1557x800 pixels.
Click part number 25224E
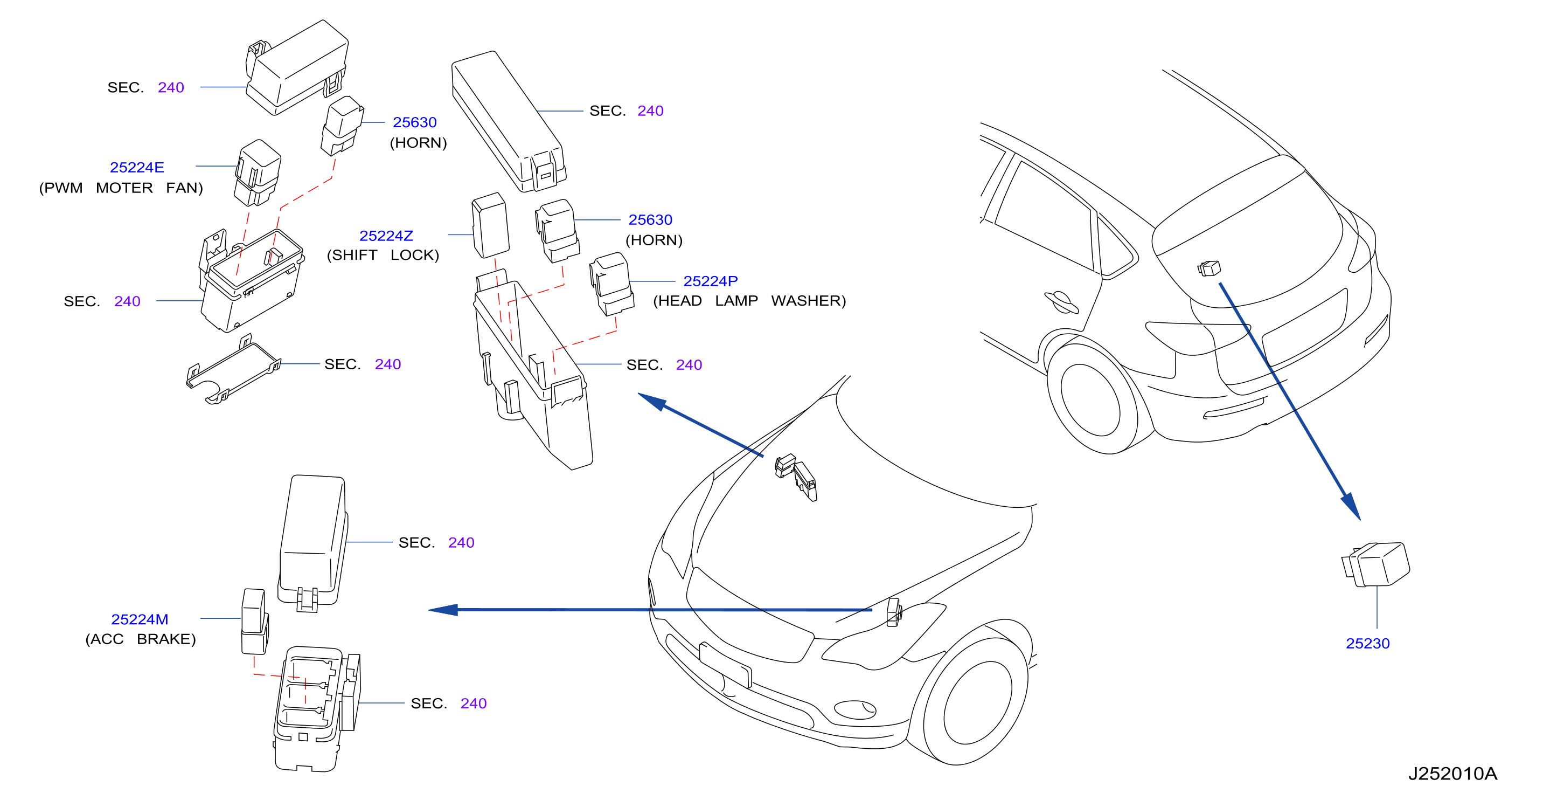point(137,168)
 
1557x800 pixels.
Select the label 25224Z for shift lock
point(386,236)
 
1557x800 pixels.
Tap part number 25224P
point(710,281)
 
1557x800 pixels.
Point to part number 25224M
point(140,619)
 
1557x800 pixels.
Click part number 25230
point(1367,643)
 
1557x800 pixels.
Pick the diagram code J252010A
point(1452,774)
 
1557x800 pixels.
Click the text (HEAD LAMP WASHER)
point(749,301)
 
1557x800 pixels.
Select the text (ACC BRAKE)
point(141,639)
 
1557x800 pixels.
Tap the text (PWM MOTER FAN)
point(121,188)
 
